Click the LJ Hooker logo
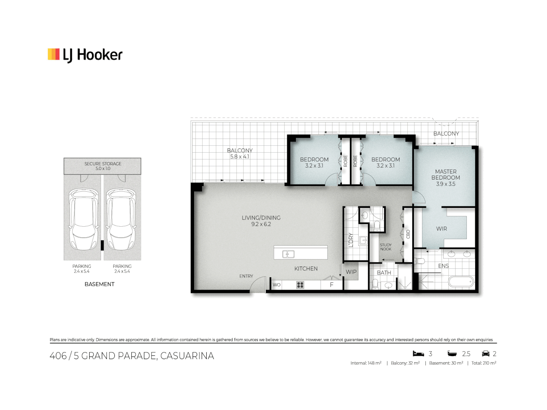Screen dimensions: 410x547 (85, 55)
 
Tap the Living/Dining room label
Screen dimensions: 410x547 (261, 218)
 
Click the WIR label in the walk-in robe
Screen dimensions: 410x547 (441, 229)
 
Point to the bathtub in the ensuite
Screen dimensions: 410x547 (461, 282)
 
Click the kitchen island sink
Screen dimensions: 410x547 (288, 254)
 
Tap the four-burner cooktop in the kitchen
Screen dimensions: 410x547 (300, 285)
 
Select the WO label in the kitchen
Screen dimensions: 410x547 (277, 285)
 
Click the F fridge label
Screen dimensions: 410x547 (332, 285)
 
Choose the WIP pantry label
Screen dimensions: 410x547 (351, 272)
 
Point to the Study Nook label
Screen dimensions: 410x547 (386, 247)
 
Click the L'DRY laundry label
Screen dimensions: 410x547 (351, 240)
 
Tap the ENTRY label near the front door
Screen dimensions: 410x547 (246, 276)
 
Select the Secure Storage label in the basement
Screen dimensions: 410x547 (103, 164)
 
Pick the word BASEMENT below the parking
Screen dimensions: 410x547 (100, 284)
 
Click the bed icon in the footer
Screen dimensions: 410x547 (418, 354)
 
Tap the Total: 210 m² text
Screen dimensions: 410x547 (484, 363)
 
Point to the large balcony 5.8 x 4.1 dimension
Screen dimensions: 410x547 (240, 156)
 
